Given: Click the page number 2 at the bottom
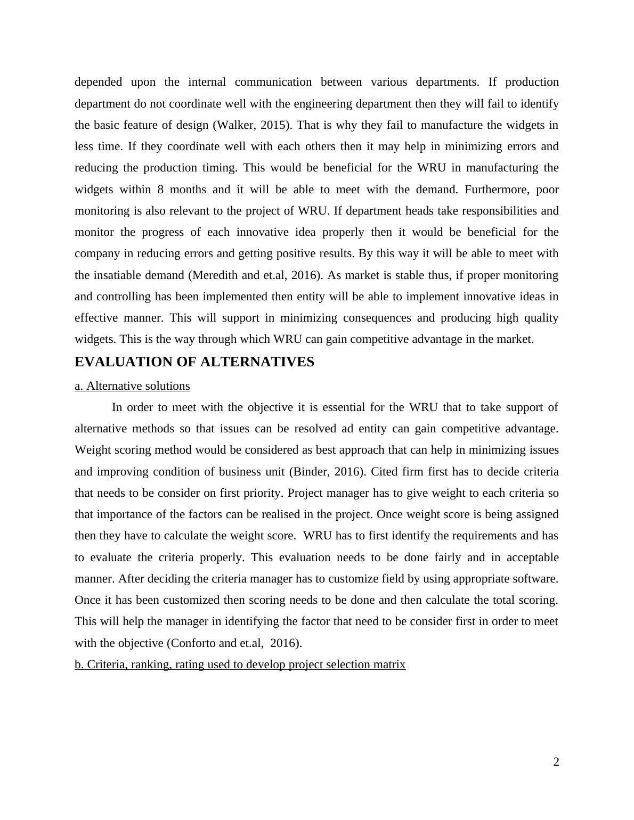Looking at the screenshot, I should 556,762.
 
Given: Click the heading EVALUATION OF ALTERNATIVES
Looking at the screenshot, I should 194,362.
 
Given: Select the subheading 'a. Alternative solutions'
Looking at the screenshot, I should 132,386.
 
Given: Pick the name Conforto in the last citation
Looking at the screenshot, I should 193,643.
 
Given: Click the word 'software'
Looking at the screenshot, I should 534,579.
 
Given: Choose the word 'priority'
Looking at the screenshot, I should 261,493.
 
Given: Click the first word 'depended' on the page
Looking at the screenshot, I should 98,82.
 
